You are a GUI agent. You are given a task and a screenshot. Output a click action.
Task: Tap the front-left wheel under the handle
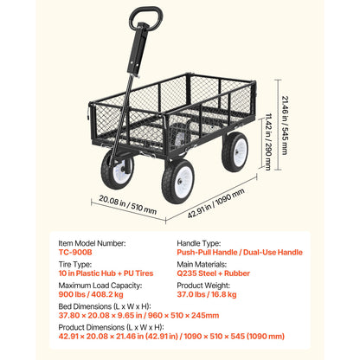coord(117,170)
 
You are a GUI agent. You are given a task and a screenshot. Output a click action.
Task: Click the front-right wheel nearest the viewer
coord(177,182)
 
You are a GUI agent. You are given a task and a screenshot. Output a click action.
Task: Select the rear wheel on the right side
coord(235,152)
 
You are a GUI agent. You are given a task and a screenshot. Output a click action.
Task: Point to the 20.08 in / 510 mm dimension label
coord(128,204)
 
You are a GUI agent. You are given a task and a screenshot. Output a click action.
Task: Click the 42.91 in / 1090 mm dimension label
coord(215,203)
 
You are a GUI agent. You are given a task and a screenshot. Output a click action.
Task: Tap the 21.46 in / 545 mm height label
coord(285,125)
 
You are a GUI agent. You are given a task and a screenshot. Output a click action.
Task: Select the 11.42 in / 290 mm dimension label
coord(268,142)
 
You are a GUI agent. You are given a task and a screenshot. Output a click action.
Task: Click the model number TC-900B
coord(75,253)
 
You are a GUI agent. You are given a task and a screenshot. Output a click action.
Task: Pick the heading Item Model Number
coord(93,243)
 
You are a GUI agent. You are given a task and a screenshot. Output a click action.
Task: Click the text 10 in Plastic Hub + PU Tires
coord(106,273)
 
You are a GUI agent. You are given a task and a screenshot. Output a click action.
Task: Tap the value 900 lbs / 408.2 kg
coord(91,294)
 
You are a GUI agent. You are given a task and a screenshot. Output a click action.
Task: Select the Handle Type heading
coord(199,243)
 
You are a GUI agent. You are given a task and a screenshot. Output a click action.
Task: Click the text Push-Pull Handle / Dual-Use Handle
coord(240,253)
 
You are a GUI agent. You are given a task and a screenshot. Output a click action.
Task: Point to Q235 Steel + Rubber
coord(214,273)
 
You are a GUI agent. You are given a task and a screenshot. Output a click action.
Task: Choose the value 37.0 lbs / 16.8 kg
coord(207,294)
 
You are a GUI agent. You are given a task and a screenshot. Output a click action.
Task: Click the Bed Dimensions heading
coord(105,306)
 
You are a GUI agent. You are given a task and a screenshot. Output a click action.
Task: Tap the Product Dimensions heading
coord(112,327)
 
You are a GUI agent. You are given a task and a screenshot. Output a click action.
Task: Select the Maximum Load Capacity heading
coord(100,286)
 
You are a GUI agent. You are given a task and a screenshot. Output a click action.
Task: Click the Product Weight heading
coord(203,286)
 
